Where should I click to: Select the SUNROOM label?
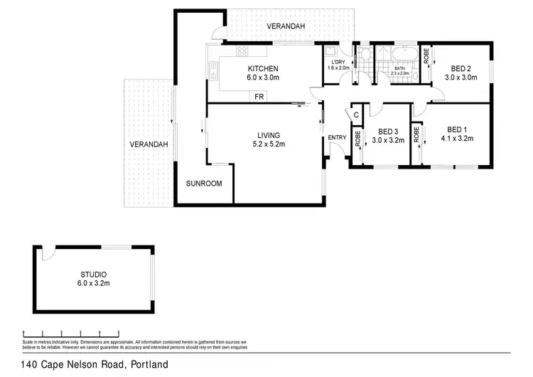[x=204, y=184]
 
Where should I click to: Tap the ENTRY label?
[x=336, y=138]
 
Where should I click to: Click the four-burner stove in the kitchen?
[x=242, y=51]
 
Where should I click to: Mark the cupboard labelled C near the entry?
[x=356, y=115]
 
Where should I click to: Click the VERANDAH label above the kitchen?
[x=286, y=26]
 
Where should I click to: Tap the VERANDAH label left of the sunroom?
[x=149, y=144]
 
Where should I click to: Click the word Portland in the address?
[x=147, y=365]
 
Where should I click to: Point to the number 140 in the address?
[x=31, y=365]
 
